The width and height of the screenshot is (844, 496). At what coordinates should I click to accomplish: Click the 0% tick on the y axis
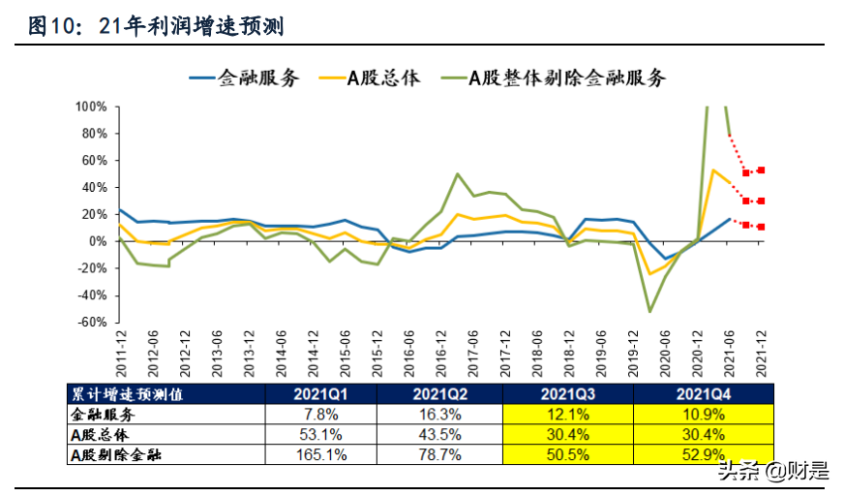click(x=96, y=241)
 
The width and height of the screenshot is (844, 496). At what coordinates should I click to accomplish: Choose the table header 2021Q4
click(x=705, y=393)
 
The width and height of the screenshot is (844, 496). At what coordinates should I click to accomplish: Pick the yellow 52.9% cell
click(x=705, y=454)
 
